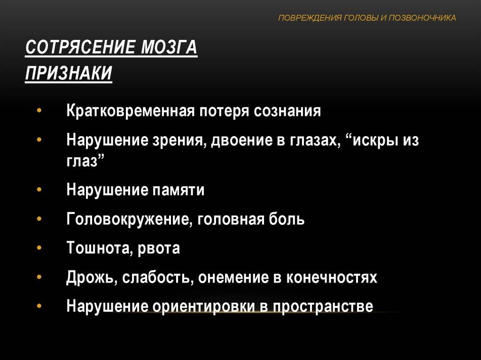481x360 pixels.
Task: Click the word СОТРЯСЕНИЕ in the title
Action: click(x=80, y=47)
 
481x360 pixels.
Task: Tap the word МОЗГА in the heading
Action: click(x=169, y=47)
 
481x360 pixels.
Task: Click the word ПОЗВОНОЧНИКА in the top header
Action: click(x=422, y=18)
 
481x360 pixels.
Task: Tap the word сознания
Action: click(x=287, y=111)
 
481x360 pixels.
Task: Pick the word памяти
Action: click(x=178, y=190)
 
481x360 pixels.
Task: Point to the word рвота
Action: click(x=159, y=248)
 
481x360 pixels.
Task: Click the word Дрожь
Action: click(x=92, y=277)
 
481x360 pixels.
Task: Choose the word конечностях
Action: click(x=332, y=277)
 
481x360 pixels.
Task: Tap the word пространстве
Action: click(x=323, y=306)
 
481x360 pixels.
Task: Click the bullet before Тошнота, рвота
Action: click(x=39, y=247)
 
